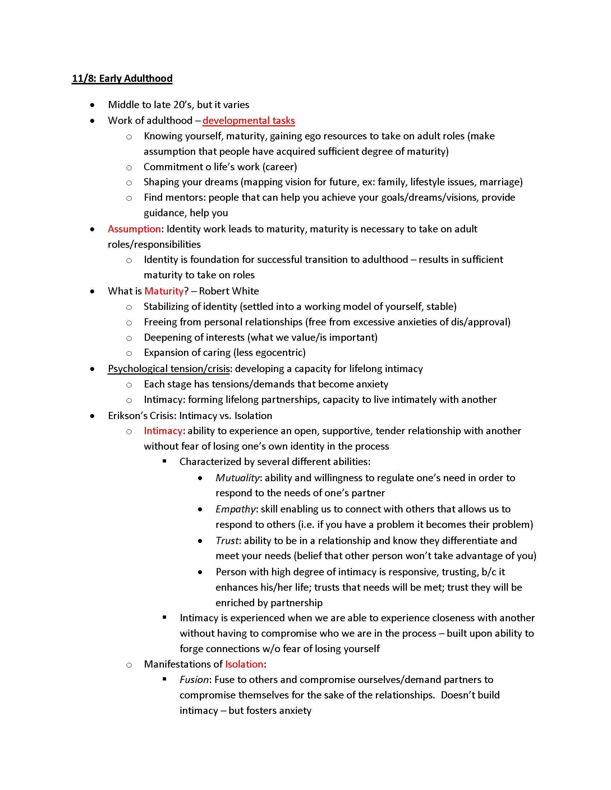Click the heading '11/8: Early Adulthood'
pos(122,79)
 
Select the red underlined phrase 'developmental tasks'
pos(249,120)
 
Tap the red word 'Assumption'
pos(134,229)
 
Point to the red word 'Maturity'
pos(164,291)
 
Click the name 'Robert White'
pos(229,291)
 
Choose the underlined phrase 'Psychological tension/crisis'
pos(169,368)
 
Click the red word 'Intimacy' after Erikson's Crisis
pos(163,431)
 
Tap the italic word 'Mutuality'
pos(238,478)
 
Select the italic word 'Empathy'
pos(236,509)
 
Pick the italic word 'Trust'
pos(227,540)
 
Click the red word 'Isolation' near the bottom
pos(244,664)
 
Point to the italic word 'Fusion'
pos(194,680)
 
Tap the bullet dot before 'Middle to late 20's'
pos(93,105)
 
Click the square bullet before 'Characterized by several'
pos(165,461)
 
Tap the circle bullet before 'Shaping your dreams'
pos(129,183)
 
